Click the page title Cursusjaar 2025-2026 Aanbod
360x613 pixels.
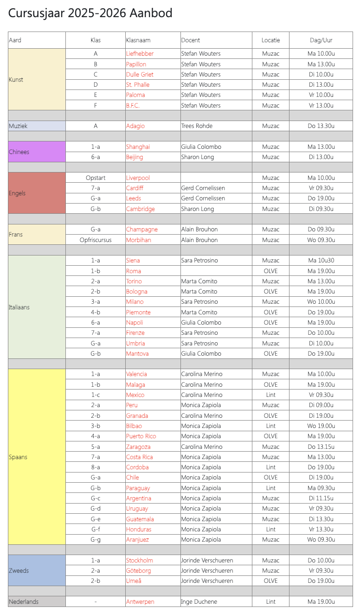[90, 13]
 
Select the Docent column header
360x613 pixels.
[191, 40]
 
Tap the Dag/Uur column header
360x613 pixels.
[321, 40]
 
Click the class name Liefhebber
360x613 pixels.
[140, 54]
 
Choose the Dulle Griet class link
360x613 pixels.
[140, 75]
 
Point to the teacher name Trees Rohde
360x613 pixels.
[197, 126]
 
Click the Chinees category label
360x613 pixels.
[19, 152]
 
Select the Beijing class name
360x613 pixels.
[135, 157]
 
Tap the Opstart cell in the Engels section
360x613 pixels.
[95, 178]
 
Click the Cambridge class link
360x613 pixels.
[141, 209]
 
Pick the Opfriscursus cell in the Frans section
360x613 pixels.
[95, 240]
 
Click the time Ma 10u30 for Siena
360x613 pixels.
[321, 261]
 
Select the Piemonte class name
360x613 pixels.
[138, 313]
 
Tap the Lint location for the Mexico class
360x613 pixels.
[270, 395]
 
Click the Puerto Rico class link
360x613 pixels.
[141, 436]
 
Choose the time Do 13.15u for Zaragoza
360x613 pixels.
[321, 447]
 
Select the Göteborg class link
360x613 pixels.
[138, 571]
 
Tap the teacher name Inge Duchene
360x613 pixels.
[199, 602]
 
